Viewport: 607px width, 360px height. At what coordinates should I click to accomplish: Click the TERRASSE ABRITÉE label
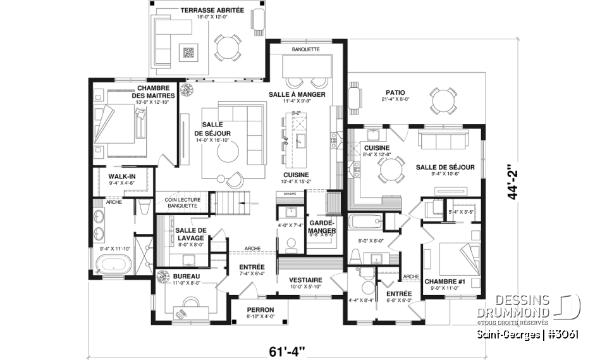click(204, 11)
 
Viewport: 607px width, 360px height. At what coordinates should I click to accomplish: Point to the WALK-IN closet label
click(122, 177)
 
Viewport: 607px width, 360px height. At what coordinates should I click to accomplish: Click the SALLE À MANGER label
click(297, 94)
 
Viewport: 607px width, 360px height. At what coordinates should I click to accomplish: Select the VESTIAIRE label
click(305, 280)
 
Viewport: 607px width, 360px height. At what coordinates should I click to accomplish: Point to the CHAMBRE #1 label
click(441, 282)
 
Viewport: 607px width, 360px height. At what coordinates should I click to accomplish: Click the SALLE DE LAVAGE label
click(191, 233)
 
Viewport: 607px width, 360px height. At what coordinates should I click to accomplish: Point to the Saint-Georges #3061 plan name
click(529, 333)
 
